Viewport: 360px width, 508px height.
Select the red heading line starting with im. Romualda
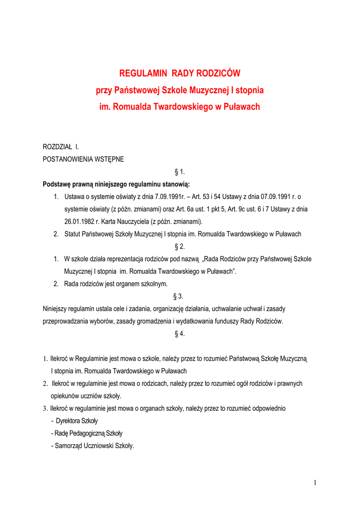pos(180,107)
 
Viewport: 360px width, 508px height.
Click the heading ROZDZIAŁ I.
pos(61,147)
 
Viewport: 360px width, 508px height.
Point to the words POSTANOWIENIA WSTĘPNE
pos(83,160)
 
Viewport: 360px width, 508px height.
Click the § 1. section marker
pos(180,172)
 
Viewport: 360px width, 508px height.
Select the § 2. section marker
pos(180,247)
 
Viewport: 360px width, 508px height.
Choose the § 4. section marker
pos(180,334)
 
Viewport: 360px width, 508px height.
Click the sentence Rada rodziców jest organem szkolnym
pos(116,284)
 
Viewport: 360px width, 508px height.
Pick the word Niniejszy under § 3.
pos(56,309)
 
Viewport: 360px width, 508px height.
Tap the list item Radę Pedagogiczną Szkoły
pos(86,433)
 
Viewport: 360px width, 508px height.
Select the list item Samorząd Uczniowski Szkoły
pos(92,445)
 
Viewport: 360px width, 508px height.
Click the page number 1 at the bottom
pos(315,483)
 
